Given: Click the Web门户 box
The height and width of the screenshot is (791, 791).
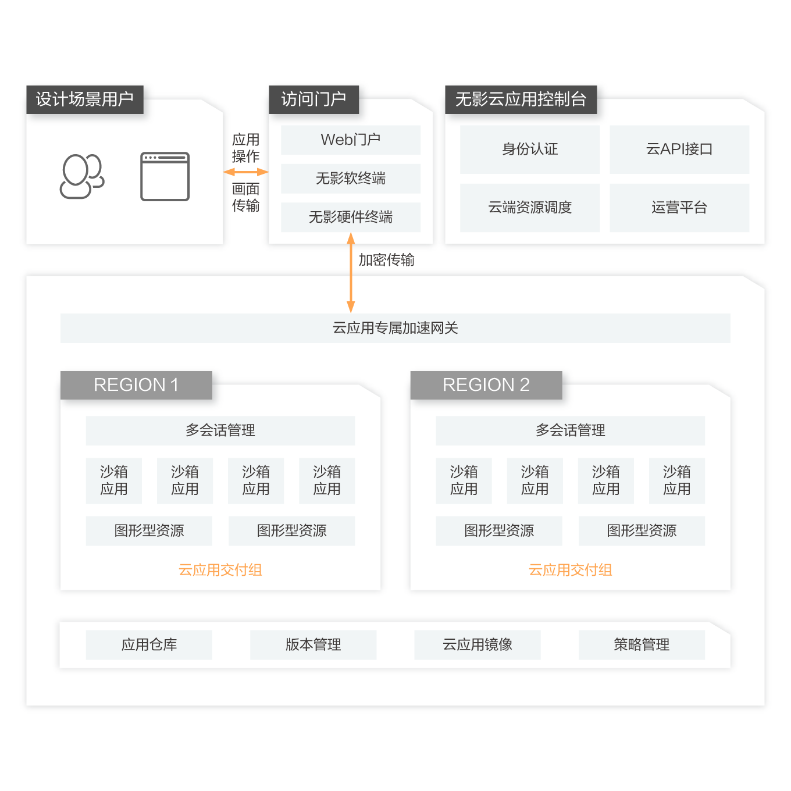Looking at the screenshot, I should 350,140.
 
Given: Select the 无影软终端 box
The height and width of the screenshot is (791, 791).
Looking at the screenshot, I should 350,179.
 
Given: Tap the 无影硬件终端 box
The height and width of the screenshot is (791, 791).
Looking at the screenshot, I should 350,217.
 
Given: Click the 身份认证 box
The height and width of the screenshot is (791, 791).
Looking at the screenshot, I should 529,149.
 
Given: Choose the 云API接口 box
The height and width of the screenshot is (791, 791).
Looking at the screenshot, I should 679,149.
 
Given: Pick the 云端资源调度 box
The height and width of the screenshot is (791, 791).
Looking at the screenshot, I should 529,208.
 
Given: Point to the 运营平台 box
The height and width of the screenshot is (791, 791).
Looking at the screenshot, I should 679,208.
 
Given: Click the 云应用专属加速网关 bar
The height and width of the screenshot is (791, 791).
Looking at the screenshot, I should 395,328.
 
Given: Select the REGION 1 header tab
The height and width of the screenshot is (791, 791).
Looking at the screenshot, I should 136,385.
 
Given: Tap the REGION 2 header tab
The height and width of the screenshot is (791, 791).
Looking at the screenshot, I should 486,385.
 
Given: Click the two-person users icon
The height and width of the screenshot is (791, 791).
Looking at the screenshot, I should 82,176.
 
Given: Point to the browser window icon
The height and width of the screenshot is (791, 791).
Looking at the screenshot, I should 165,176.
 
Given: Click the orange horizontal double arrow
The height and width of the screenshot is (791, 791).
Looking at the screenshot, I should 246,172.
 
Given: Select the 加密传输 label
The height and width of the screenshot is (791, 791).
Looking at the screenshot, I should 386,260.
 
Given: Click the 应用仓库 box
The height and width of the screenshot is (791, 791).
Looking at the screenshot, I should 149,644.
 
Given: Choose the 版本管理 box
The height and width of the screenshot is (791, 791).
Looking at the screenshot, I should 313,644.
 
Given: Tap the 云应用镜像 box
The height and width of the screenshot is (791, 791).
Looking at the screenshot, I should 477,644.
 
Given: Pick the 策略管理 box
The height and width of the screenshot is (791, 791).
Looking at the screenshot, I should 642,644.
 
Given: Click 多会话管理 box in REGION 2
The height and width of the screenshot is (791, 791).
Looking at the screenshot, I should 570,430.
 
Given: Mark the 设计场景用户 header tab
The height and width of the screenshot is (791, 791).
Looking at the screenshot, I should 85,99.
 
